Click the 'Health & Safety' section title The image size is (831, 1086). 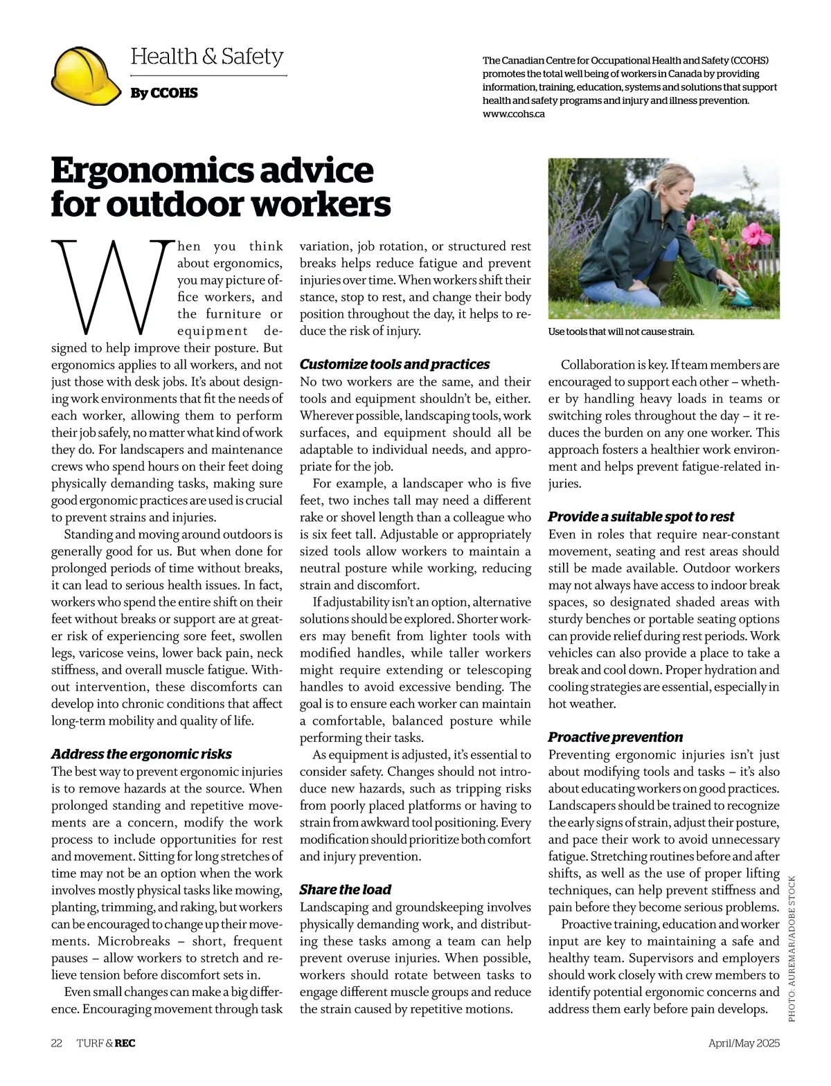[x=206, y=56]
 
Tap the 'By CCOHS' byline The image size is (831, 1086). [x=164, y=93]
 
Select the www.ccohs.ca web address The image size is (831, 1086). [x=513, y=114]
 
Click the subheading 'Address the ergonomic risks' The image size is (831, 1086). [x=141, y=754]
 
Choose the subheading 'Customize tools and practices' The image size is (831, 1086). [x=394, y=364]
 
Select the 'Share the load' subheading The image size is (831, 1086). [x=345, y=889]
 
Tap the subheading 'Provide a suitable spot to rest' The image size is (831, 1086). [x=641, y=516]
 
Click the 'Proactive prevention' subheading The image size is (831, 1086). [x=615, y=736]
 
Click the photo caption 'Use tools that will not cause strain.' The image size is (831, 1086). [x=620, y=332]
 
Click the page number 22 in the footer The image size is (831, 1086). [x=57, y=1043]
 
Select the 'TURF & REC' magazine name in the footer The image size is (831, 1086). [x=106, y=1043]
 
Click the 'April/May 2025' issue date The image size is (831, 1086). [x=743, y=1043]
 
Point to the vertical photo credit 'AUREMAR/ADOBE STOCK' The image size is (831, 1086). [x=792, y=948]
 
